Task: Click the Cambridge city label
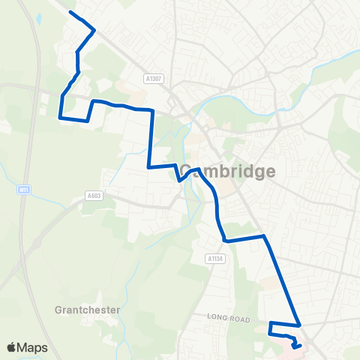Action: tap(227, 172)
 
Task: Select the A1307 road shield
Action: tap(154, 78)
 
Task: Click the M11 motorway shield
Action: tap(24, 191)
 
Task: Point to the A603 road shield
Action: tap(93, 196)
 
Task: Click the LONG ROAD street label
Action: tap(229, 319)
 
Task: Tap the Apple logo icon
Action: tap(12, 347)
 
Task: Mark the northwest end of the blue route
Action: tap(70, 12)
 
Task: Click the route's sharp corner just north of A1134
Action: tap(225, 241)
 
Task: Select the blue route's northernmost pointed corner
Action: tap(94, 30)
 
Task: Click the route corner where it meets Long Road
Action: tap(300, 325)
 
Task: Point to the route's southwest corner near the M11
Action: tap(60, 117)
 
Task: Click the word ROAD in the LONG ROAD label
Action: tap(239, 319)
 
